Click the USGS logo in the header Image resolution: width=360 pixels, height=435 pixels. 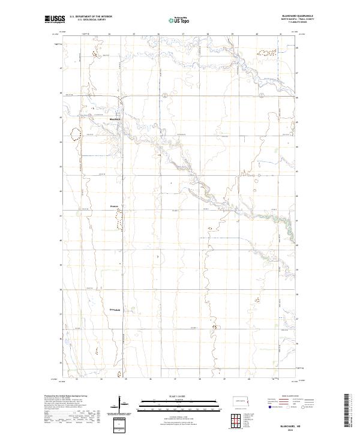[x=55, y=20]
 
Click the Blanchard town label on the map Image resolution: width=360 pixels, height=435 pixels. [x=115, y=118]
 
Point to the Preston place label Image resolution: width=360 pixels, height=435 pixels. [x=114, y=207]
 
